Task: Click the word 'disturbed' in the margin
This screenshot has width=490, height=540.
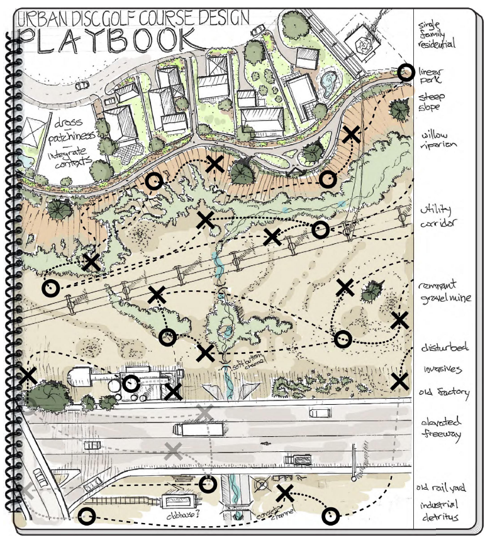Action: click(x=441, y=349)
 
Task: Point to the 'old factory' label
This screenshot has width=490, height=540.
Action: click(x=444, y=393)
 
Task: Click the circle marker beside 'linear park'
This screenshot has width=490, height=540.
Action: click(x=406, y=73)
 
